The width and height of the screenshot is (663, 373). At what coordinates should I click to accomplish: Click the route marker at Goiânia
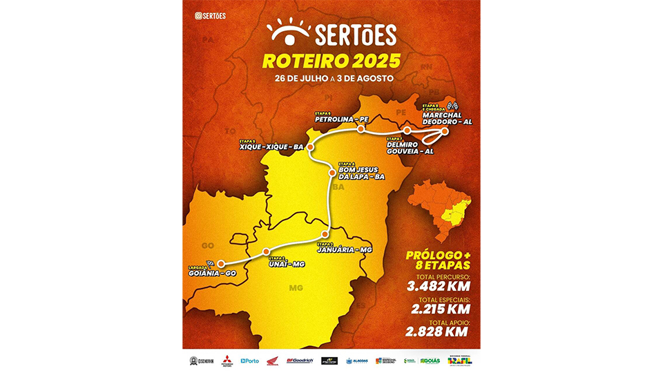click(x=221, y=263)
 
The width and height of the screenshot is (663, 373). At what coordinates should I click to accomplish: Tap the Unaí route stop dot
click(x=267, y=251)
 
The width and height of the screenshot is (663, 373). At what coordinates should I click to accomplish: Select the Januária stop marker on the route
click(x=325, y=233)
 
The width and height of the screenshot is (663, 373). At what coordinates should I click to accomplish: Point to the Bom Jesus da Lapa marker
click(x=332, y=173)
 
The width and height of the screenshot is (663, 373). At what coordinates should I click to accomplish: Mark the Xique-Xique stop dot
click(x=310, y=147)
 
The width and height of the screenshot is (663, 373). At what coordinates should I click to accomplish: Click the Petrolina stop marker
click(x=361, y=128)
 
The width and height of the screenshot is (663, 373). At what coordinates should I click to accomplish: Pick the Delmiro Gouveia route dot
click(x=407, y=131)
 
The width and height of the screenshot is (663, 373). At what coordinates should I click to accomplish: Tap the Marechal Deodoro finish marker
click(x=445, y=131)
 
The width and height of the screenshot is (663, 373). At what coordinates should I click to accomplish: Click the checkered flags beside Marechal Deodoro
click(x=454, y=106)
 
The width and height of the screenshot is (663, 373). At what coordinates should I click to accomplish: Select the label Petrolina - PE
click(x=341, y=119)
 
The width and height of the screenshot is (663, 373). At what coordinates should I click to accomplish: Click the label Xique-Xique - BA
click(x=271, y=147)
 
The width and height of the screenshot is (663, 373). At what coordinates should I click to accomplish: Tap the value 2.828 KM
click(x=437, y=331)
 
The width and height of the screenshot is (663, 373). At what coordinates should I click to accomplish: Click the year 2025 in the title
click(x=365, y=61)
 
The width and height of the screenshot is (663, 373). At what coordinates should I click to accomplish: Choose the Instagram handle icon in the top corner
click(x=199, y=15)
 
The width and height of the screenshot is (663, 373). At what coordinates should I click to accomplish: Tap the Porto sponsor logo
click(x=250, y=361)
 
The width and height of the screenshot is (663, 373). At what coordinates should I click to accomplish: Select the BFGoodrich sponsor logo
click(x=300, y=361)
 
